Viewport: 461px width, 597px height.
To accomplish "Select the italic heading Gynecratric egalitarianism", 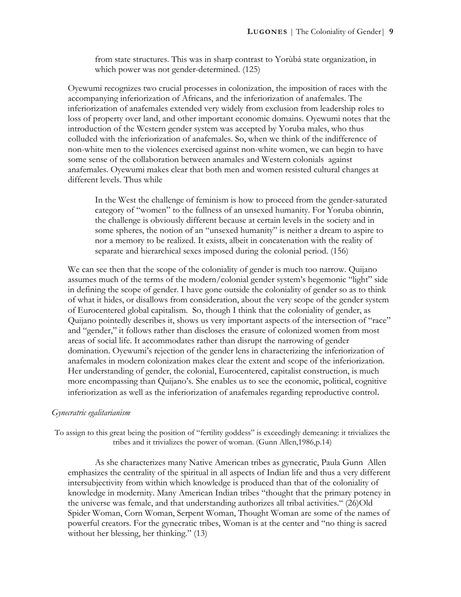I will (91, 413).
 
